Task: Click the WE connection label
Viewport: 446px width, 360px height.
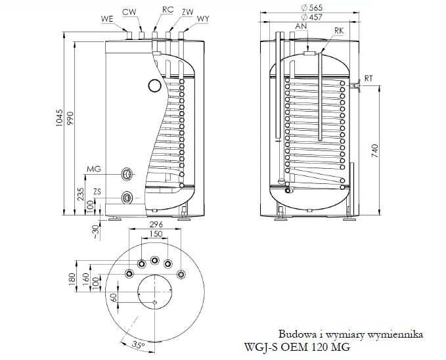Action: pyautogui.click(x=108, y=19)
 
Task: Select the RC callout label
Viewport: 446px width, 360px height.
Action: pyautogui.click(x=169, y=11)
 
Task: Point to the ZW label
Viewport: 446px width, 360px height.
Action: pyautogui.click(x=188, y=11)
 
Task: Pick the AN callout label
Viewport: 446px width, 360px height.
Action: pyautogui.click(x=302, y=26)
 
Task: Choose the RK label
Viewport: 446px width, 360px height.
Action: pyautogui.click(x=339, y=30)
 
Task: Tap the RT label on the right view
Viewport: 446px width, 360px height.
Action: pyautogui.click(x=369, y=78)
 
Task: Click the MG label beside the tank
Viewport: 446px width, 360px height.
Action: pyautogui.click(x=95, y=170)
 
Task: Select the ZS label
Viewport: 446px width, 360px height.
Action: pyautogui.click(x=97, y=191)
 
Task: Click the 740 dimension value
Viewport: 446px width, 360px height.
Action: pyautogui.click(x=374, y=150)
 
